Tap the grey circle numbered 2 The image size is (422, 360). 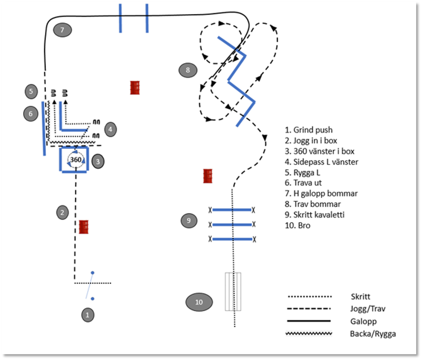62,212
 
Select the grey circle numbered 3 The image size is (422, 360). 98,161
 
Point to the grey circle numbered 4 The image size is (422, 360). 110,129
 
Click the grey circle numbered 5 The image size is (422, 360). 31,91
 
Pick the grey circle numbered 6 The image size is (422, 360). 31,113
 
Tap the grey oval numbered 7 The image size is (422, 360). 62,30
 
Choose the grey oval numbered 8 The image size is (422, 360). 188,70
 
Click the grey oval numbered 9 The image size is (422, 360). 188,220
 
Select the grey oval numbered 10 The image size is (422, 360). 199,302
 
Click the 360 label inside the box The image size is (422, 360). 76,160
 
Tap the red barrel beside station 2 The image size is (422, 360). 84,227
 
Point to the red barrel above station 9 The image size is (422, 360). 208,176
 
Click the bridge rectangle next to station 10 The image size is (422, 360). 233,291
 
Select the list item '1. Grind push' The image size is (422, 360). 309,129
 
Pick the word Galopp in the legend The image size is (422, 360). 362,320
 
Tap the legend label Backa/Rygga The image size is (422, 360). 372,333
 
